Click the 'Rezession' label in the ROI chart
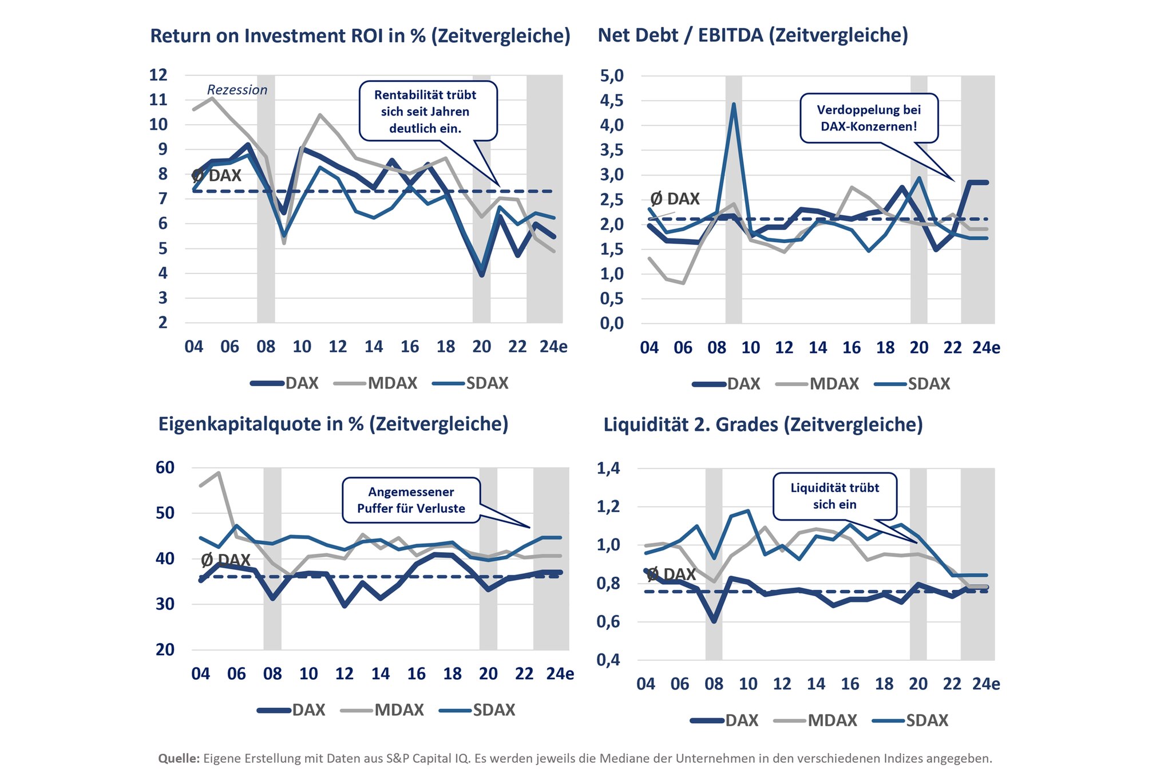click(x=237, y=90)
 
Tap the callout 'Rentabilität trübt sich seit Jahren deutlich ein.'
click(x=425, y=112)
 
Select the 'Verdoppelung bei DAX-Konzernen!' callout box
click(x=869, y=118)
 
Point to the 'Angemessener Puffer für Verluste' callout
click(x=411, y=500)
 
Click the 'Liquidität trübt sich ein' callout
click(x=834, y=496)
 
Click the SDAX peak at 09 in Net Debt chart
click(x=734, y=105)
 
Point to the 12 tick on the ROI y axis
click(x=158, y=75)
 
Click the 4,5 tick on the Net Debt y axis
click(x=611, y=101)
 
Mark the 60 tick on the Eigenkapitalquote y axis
click(x=165, y=467)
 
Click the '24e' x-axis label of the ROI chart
click(x=553, y=347)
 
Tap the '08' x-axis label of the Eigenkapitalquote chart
click(x=272, y=673)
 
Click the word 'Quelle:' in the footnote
click(x=179, y=759)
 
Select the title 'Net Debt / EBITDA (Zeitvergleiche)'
click(x=753, y=35)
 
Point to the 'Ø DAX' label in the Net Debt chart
click(x=675, y=199)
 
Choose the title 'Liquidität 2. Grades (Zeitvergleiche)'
click(x=763, y=425)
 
